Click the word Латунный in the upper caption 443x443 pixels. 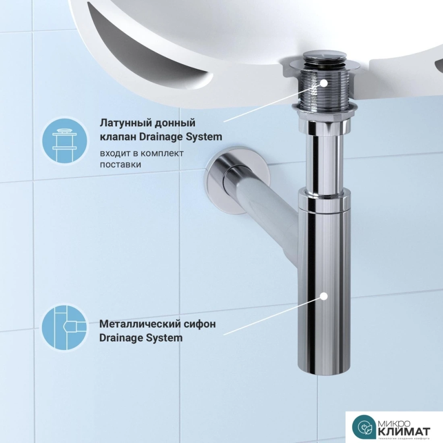coord(123,123)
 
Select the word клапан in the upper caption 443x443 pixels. coord(118,137)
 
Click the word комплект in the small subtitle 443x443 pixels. coord(162,153)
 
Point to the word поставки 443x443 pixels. coord(120,164)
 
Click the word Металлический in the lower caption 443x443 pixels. coord(140,324)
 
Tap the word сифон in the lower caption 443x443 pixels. coord(200,324)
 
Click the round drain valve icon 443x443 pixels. coord(64,141)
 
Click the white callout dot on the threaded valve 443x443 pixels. coord(324,83)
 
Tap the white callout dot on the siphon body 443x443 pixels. coord(324,296)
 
